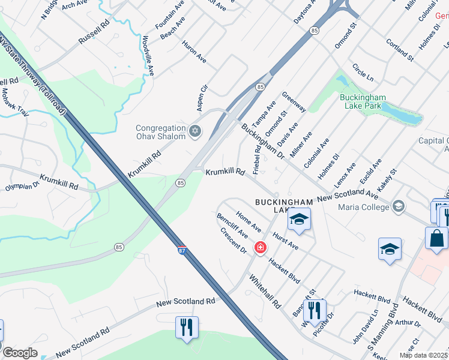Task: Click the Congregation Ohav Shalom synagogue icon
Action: pos(194,131)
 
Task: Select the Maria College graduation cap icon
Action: pos(398,208)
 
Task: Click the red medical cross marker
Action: pos(260,247)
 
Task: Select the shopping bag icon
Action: pos(436,237)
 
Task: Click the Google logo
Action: pos(20,353)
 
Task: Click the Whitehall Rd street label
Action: pos(265,293)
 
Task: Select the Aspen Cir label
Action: pos(202,96)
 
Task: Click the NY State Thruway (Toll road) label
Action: pos(33,75)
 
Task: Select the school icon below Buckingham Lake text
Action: pos(299,220)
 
